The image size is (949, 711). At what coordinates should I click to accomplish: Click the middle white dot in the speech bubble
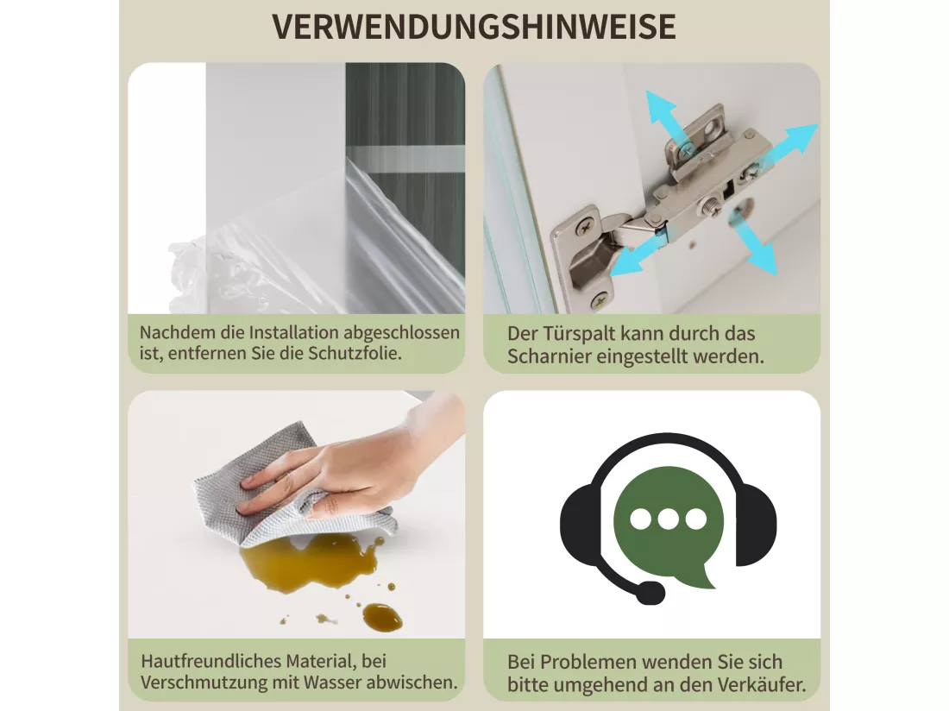click(668, 519)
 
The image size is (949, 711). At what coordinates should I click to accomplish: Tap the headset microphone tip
click(650, 593)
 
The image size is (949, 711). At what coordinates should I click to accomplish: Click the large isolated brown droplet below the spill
click(382, 617)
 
